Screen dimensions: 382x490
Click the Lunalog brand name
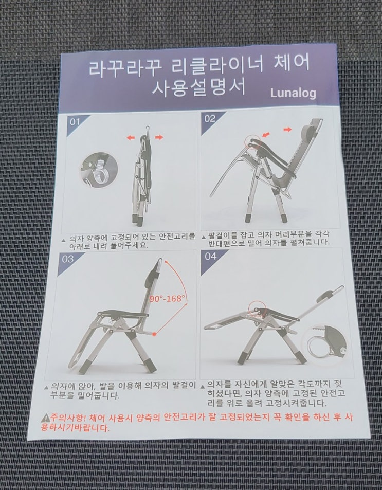(293, 93)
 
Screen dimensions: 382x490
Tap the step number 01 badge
(75, 121)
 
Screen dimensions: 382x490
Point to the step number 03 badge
(68, 259)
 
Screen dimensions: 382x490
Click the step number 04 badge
(211, 256)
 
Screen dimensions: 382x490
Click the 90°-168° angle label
(167, 298)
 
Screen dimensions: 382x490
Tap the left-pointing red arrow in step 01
(131, 137)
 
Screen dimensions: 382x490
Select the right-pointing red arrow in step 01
(159, 137)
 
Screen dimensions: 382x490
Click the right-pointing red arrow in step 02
(287, 129)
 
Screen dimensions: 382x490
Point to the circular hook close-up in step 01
(99, 170)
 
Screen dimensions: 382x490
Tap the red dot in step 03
(154, 334)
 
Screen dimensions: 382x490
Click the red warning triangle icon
(46, 417)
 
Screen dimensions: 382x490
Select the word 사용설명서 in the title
(199, 87)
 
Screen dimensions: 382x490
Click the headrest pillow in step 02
(308, 131)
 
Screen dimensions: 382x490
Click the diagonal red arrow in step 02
(266, 134)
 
